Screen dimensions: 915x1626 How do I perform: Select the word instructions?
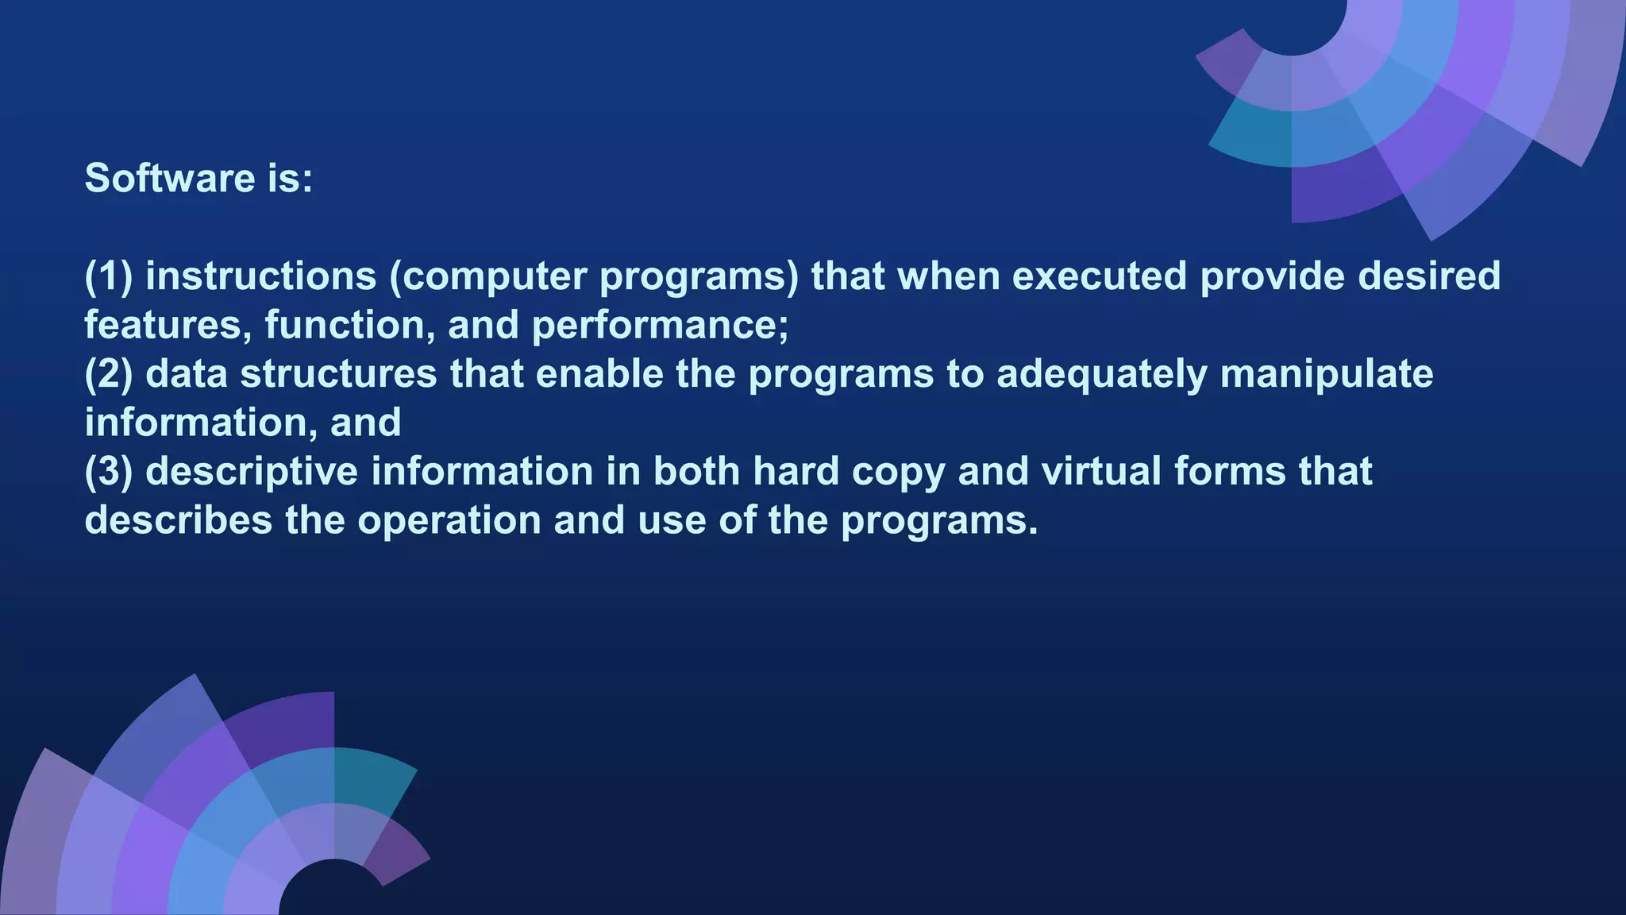coord(261,276)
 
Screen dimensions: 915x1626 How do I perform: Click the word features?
coord(167,326)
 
